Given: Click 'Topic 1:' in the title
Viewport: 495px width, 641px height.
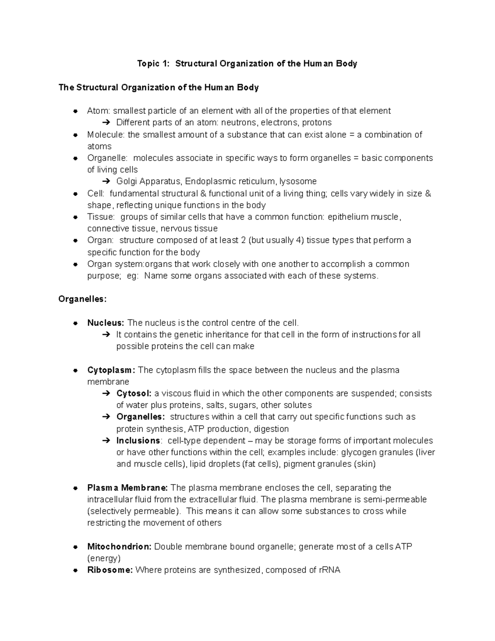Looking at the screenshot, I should pyautogui.click(x=153, y=64).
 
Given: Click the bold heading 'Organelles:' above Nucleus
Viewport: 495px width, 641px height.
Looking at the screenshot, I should pyautogui.click(x=82, y=299).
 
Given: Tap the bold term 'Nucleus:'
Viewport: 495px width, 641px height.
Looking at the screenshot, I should pyautogui.click(x=106, y=323).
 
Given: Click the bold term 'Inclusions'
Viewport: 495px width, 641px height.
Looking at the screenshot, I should pyautogui.click(x=139, y=440).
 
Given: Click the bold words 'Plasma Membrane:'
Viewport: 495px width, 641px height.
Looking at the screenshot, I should pyautogui.click(x=127, y=488).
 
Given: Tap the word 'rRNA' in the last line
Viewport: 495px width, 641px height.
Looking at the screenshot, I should pyautogui.click(x=330, y=570).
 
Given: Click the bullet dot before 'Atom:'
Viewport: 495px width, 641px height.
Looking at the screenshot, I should pyautogui.click(x=75, y=111).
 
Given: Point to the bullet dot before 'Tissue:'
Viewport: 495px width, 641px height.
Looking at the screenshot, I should pyautogui.click(x=75, y=217).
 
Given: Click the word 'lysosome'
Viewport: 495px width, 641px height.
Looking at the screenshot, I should pyautogui.click(x=298, y=181).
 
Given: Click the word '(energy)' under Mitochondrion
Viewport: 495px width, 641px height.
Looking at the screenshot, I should pyautogui.click(x=104, y=558).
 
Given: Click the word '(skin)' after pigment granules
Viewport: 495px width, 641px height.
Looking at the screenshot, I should pyautogui.click(x=364, y=464).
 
